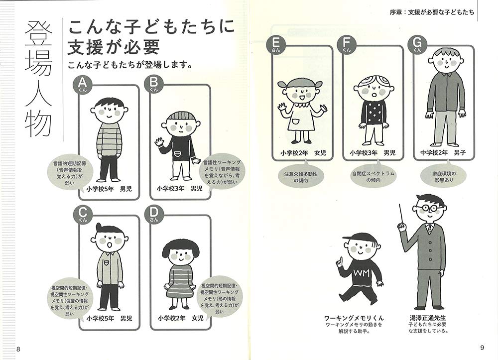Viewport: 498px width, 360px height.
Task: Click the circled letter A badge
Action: [82, 84]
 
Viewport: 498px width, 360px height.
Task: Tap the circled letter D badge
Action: [153, 214]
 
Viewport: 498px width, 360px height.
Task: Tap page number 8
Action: [18, 349]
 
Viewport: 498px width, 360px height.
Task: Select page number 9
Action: [482, 348]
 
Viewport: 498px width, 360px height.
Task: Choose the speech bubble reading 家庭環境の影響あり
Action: [444, 176]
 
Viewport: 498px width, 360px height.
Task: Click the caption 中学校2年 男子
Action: [443, 153]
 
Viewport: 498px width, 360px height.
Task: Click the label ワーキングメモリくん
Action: [354, 318]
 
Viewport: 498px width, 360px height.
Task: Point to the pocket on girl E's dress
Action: [296, 121]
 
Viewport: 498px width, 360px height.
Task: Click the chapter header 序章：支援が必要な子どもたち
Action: [432, 12]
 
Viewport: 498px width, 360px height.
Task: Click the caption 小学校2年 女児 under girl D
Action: [180, 318]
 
